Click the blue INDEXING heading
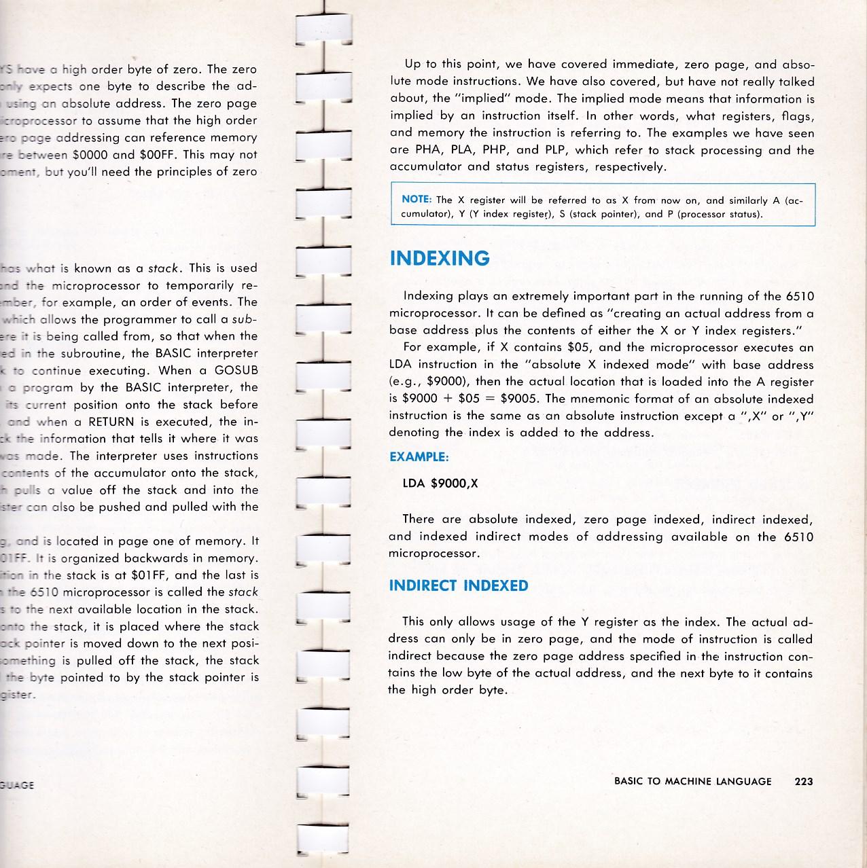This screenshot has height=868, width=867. pyautogui.click(x=439, y=258)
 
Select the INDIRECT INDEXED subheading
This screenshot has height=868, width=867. pyautogui.click(x=458, y=585)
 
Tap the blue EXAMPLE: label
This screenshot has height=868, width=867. pyautogui.click(x=419, y=457)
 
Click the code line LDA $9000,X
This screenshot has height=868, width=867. pyautogui.click(x=440, y=484)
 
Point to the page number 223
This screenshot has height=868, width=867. pyautogui.click(x=803, y=781)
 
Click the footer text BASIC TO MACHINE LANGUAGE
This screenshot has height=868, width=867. pyautogui.click(x=692, y=781)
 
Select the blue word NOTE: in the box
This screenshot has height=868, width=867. pyautogui.click(x=417, y=200)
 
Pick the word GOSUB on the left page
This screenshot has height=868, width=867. pyautogui.click(x=236, y=371)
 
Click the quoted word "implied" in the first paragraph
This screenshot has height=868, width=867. pyautogui.click(x=481, y=98)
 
